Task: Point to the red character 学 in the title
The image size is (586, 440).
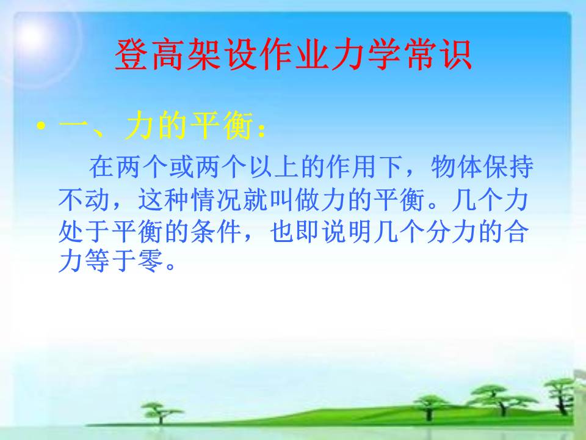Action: [x=383, y=55]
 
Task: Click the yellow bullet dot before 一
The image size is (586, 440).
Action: [x=42, y=127]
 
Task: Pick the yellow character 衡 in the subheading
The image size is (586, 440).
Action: [x=237, y=126]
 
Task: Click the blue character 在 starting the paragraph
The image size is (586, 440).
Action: [x=101, y=167]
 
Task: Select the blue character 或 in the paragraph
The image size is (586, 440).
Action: [x=181, y=167]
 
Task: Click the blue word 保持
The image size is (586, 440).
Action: [x=508, y=167]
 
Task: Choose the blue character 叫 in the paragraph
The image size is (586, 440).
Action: [x=281, y=199]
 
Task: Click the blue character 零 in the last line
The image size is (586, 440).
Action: [x=150, y=260]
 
